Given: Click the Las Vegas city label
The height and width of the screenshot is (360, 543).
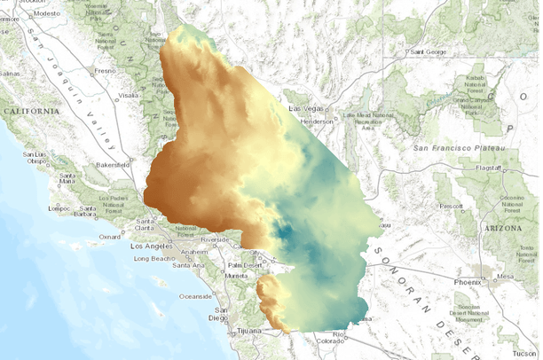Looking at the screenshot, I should coord(308,108).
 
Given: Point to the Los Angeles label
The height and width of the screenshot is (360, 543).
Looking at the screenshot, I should coord(149,246).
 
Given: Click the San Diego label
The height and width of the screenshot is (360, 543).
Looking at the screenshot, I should coord(217,317).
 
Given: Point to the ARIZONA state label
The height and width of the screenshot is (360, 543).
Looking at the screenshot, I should coord(501,228).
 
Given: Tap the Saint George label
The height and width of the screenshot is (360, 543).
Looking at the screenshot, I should coord(429,51).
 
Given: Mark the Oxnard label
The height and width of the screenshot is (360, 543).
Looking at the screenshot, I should coord(110,237).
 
